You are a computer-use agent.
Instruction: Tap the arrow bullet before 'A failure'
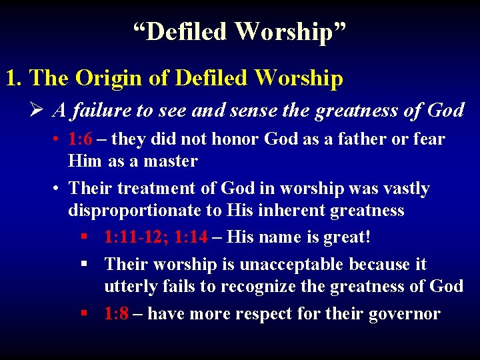(38, 110)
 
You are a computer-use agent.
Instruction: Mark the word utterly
(130, 287)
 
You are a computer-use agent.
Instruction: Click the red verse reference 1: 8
(117, 313)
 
